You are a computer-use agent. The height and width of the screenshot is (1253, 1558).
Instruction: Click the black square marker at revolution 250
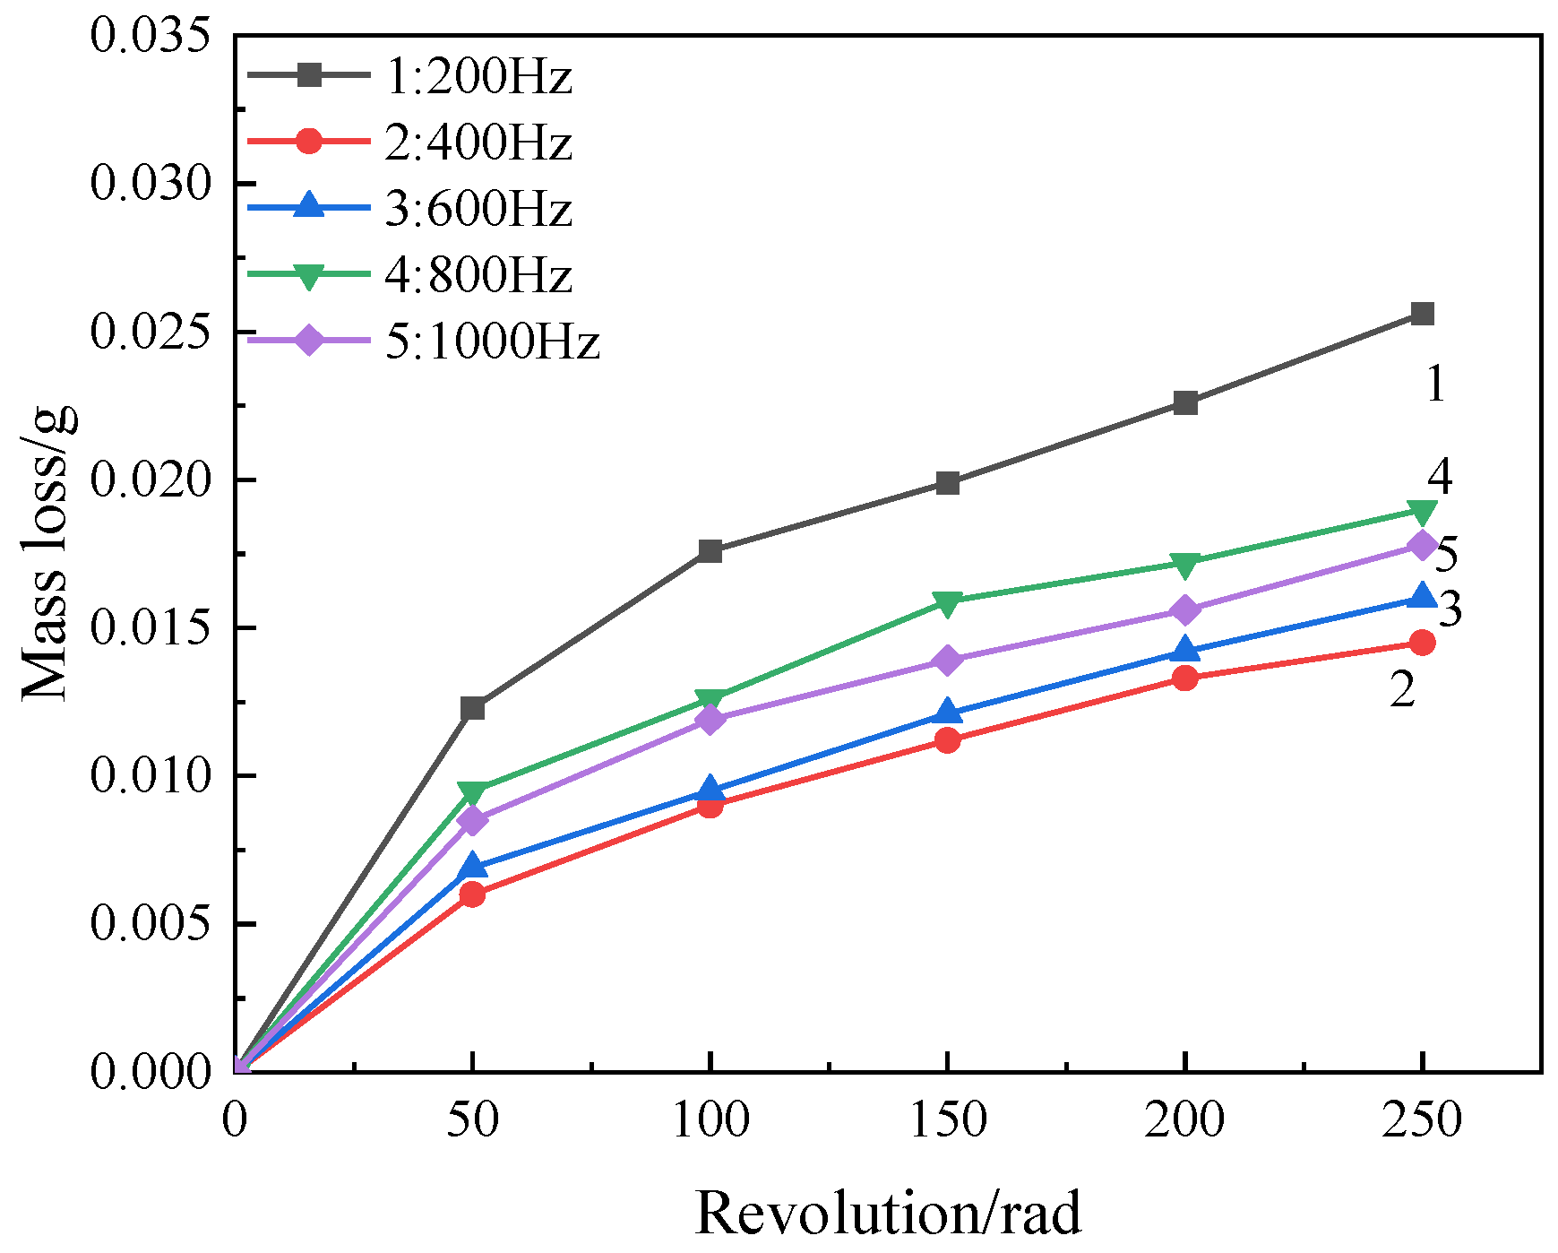tap(1422, 314)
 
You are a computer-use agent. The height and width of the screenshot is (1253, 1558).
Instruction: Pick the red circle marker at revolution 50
tap(472, 894)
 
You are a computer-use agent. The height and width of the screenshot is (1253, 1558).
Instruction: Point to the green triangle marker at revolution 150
tap(947, 601)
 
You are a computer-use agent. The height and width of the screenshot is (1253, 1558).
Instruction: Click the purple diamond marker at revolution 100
tap(710, 720)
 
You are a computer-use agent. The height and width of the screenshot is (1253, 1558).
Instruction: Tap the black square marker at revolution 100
tap(710, 550)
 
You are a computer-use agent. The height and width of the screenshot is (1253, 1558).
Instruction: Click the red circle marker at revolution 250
tap(1422, 643)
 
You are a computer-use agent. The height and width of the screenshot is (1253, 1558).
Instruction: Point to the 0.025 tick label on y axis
tap(151, 332)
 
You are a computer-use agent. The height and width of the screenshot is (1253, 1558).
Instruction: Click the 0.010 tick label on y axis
tap(151, 775)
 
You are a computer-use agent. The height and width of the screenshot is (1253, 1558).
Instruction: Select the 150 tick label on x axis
tap(947, 1120)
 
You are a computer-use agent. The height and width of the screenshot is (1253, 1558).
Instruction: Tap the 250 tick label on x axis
tap(1422, 1120)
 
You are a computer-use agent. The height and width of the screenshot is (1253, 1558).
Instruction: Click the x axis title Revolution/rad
tap(888, 1214)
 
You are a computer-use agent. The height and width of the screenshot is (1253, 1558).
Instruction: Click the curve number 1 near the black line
tap(1435, 385)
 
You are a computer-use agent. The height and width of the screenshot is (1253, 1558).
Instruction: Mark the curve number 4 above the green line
tap(1440, 477)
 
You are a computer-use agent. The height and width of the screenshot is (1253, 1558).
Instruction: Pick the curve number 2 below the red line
tap(1402, 689)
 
